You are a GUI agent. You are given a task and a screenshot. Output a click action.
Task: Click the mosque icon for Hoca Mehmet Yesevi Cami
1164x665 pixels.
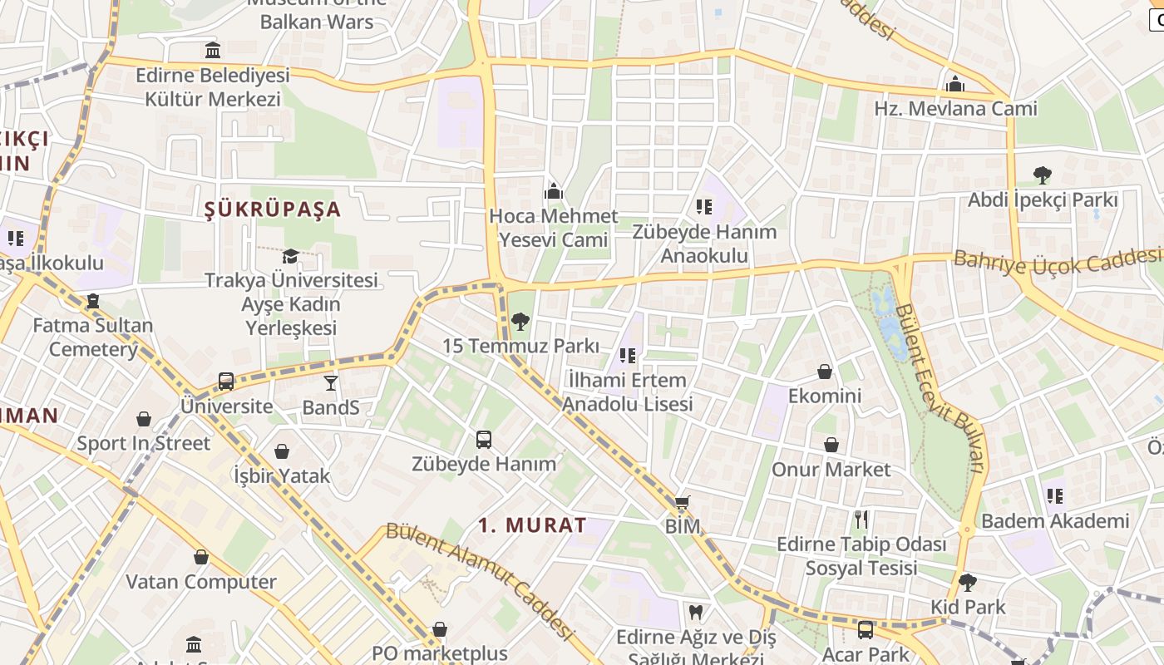point(554,192)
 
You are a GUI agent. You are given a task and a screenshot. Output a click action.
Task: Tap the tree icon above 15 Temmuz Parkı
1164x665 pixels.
point(520,321)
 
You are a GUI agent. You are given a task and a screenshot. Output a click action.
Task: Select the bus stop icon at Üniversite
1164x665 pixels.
point(226,382)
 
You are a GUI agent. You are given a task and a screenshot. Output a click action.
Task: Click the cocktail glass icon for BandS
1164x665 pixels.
point(331,382)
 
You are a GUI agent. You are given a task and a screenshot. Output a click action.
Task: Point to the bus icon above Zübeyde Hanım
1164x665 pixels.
point(484,439)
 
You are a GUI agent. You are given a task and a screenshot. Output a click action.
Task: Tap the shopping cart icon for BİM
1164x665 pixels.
point(683,502)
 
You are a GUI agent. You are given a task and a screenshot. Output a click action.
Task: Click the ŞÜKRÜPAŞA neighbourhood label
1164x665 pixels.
point(273,209)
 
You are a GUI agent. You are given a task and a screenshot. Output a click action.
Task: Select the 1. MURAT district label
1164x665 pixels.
point(533,525)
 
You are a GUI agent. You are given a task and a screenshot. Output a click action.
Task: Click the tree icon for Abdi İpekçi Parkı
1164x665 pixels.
point(1043,175)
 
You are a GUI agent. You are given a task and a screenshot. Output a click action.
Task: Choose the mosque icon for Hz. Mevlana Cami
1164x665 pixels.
point(955,84)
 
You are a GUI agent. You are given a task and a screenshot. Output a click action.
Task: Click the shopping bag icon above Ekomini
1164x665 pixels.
point(825,371)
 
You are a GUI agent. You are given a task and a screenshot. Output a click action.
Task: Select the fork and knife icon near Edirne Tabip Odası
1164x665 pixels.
point(861,520)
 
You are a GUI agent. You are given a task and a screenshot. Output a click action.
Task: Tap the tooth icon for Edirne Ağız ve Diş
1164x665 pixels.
point(696,613)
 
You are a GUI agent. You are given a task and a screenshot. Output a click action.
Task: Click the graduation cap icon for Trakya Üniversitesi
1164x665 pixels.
point(290,256)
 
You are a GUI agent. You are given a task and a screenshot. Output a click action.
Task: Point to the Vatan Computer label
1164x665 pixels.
point(201,582)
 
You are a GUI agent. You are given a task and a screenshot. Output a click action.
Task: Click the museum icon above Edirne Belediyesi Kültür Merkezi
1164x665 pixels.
point(213,51)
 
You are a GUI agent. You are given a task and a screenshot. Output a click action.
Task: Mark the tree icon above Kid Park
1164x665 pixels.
point(968,582)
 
